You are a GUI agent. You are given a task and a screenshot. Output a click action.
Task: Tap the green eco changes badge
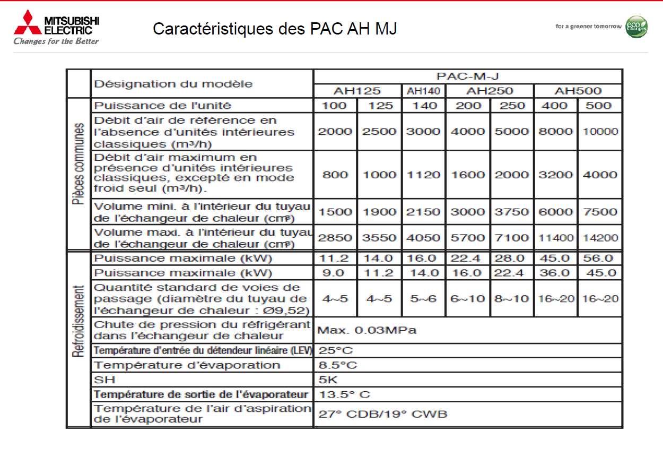pyautogui.click(x=636, y=27)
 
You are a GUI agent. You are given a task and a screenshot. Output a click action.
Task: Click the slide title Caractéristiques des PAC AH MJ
pyautogui.click(x=275, y=29)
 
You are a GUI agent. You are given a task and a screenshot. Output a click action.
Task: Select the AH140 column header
pyautogui.click(x=423, y=91)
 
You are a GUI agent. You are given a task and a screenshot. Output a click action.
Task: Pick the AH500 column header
pyautogui.click(x=578, y=91)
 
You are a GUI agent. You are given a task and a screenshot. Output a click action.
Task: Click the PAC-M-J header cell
pyautogui.click(x=467, y=76)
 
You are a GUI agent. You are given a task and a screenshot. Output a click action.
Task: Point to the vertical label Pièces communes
pyautogui.click(x=78, y=164)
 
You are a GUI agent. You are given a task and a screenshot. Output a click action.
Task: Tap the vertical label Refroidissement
pyautogui.click(x=78, y=322)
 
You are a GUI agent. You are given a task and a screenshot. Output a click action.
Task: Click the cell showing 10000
pyautogui.click(x=600, y=132)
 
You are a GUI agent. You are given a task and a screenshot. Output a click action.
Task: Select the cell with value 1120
pyautogui.click(x=423, y=175)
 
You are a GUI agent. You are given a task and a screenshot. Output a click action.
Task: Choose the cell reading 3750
pyautogui.click(x=512, y=212)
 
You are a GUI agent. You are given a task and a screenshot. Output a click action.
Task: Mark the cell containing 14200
pyautogui.click(x=600, y=238)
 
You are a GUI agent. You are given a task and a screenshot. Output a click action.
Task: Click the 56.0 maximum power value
pyautogui.click(x=600, y=259)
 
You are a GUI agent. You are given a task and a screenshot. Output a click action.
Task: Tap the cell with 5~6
pyautogui.click(x=423, y=298)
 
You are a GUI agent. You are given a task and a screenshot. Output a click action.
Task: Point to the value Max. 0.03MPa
pyautogui.click(x=367, y=330)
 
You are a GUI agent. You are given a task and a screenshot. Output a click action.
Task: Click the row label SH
pyautogui.click(x=104, y=380)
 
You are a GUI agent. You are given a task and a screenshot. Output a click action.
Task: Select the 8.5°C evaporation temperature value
pyautogui.click(x=338, y=365)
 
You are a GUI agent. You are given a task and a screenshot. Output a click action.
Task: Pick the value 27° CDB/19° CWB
pyautogui.click(x=382, y=414)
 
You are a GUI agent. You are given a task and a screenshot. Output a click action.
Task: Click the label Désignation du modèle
pyautogui.click(x=173, y=84)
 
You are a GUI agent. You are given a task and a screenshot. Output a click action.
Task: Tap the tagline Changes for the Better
pyautogui.click(x=56, y=41)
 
